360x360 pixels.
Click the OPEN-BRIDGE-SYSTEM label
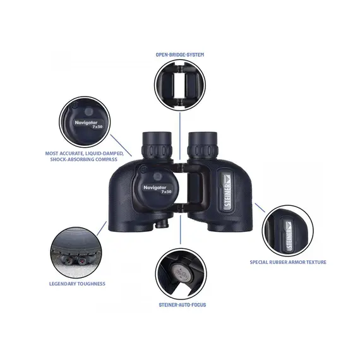pos(180,55)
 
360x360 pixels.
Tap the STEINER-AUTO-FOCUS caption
pos(183,305)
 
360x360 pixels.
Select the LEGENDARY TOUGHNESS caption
pos(77,284)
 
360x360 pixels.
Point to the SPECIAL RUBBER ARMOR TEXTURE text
pos(288,262)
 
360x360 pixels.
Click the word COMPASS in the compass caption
pos(106,159)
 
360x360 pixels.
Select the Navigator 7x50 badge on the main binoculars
pos(157,189)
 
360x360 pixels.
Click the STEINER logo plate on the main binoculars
pos(227,190)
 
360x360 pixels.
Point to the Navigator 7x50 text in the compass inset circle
pos(88,124)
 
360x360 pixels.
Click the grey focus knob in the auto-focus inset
pos(181,273)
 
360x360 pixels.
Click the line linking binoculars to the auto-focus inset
pos(181,229)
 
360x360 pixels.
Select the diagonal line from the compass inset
pos(121,145)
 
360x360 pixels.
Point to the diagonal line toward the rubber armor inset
pos(260,208)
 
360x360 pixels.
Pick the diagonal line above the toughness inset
pos(102,228)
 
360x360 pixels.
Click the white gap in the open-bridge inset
pos(180,85)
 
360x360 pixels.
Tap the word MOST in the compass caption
pos(52,153)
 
